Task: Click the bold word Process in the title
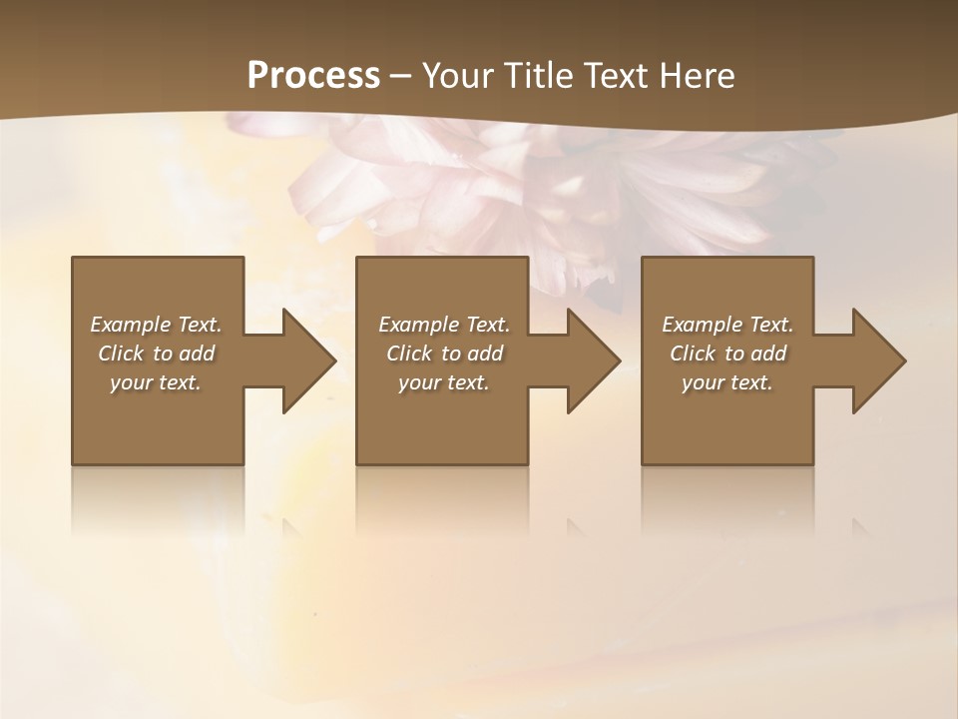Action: tap(313, 76)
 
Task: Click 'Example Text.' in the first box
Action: tap(156, 325)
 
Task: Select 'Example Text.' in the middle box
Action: tap(444, 325)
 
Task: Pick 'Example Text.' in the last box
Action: tap(727, 325)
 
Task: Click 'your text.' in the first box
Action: tap(156, 382)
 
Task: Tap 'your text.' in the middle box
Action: tap(444, 382)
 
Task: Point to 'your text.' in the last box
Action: tap(727, 382)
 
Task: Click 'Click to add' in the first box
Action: tap(156, 354)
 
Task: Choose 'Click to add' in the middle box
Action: tap(444, 354)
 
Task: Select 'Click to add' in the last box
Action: tap(727, 354)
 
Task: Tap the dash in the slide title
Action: tap(400, 77)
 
